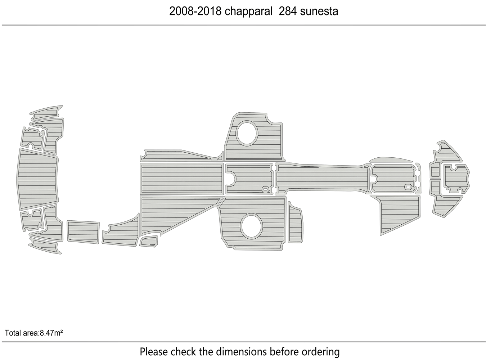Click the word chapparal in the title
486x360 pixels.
click(x=248, y=12)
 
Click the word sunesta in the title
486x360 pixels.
click(x=319, y=12)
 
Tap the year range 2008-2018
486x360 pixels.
click(x=196, y=12)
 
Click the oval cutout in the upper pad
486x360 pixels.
click(x=247, y=134)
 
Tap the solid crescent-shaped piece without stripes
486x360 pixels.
click(x=391, y=160)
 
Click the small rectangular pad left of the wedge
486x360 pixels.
click(x=83, y=231)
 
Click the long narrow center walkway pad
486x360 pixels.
click(x=322, y=179)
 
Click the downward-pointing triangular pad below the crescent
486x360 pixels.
click(x=398, y=212)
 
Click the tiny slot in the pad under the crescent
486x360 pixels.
click(x=408, y=187)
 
